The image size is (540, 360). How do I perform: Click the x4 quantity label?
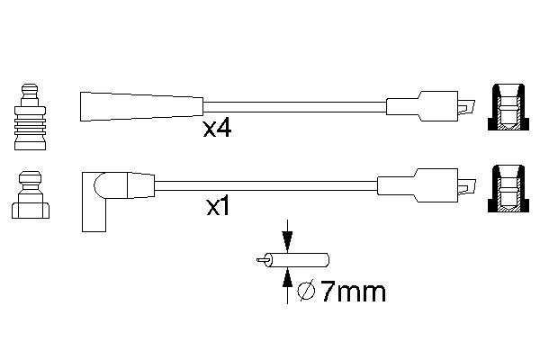[x=217, y=129]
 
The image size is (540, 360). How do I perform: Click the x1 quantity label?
[x=220, y=208]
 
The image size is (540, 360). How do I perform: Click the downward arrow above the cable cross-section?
[x=287, y=238]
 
